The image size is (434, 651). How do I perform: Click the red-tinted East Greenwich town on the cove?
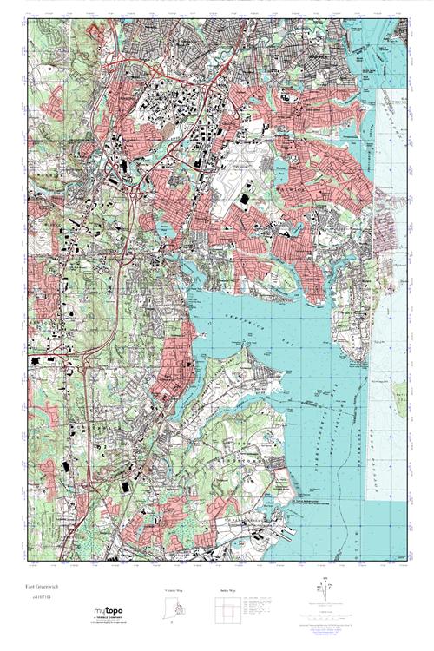[x=174, y=365]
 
